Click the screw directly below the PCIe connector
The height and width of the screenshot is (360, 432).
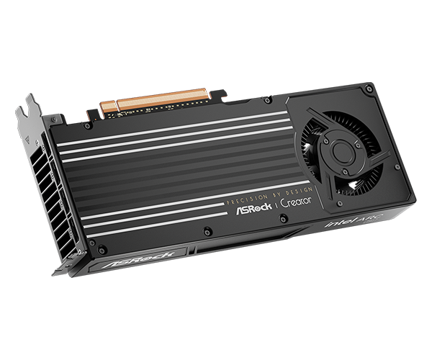pyautogui.click(x=164, y=115)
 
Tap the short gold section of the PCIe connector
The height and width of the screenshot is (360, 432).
pyautogui.click(x=108, y=106)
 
